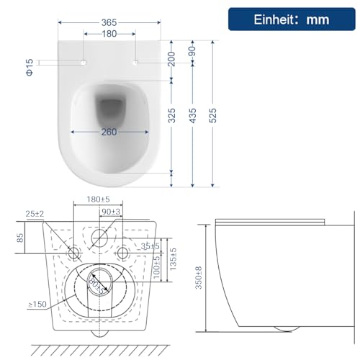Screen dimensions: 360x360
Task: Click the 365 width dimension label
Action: click(109, 22)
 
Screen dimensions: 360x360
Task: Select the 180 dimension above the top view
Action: click(109, 34)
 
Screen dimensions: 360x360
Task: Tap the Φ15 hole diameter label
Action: click(30, 68)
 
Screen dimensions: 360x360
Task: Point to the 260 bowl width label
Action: click(109, 132)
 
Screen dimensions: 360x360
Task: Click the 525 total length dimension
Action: click(212, 115)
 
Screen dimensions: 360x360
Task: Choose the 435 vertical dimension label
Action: click(192, 115)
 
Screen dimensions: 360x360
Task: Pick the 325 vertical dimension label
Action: click(171, 115)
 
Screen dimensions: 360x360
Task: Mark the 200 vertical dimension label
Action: click(171, 59)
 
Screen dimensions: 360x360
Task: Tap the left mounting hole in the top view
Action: click(84, 62)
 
